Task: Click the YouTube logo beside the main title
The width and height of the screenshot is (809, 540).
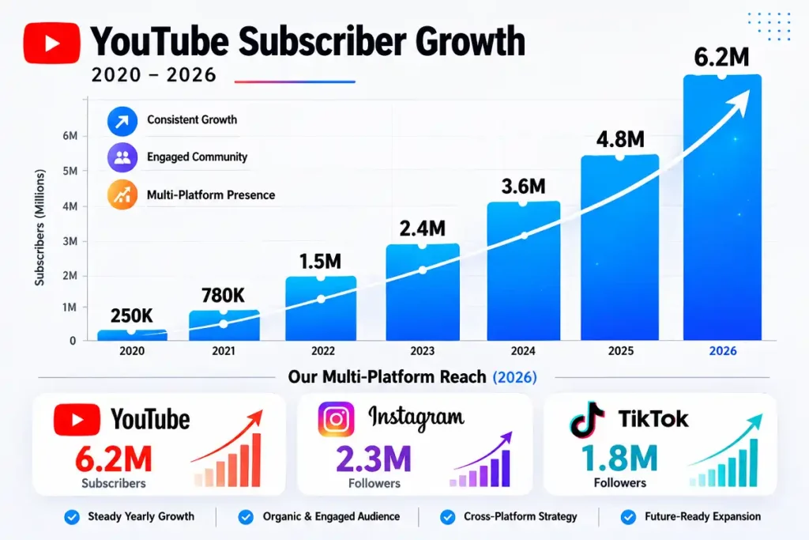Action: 51,43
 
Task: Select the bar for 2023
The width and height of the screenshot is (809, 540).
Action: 421,293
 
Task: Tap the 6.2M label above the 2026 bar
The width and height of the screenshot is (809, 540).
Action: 722,57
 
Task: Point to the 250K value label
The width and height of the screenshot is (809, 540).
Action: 131,315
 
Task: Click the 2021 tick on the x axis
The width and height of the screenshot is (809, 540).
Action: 224,351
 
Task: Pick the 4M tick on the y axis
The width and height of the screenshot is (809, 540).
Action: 69,206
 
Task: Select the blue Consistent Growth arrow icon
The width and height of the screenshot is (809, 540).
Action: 122,121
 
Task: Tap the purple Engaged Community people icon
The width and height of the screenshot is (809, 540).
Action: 122,157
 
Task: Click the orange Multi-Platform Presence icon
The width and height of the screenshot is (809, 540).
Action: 122,194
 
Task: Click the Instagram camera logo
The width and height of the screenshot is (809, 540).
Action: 337,419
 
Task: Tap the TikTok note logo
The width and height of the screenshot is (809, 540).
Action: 588,420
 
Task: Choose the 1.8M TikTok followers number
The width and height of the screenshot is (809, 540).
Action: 620,459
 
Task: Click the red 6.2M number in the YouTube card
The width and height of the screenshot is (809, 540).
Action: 114,459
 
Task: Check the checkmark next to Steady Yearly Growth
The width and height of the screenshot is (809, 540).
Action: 72,517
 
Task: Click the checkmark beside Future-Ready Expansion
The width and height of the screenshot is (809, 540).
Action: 628,517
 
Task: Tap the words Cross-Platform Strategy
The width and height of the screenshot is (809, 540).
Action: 520,516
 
